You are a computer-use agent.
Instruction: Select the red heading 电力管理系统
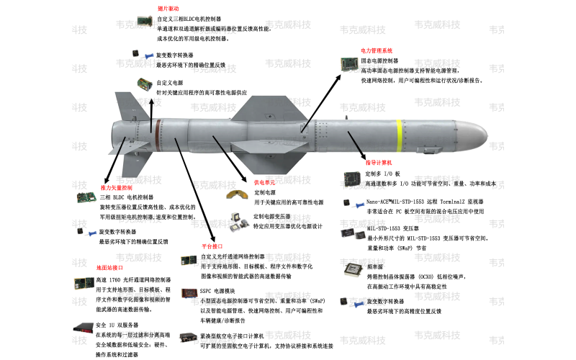click(x=376, y=51)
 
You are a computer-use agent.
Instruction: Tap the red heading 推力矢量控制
click(x=96, y=186)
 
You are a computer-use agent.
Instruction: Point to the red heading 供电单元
click(x=265, y=183)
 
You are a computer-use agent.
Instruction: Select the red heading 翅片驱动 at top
click(x=168, y=9)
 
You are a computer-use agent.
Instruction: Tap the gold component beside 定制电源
click(x=235, y=194)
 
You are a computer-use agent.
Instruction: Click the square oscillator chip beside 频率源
click(x=351, y=270)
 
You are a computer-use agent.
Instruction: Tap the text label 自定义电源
click(x=170, y=83)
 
